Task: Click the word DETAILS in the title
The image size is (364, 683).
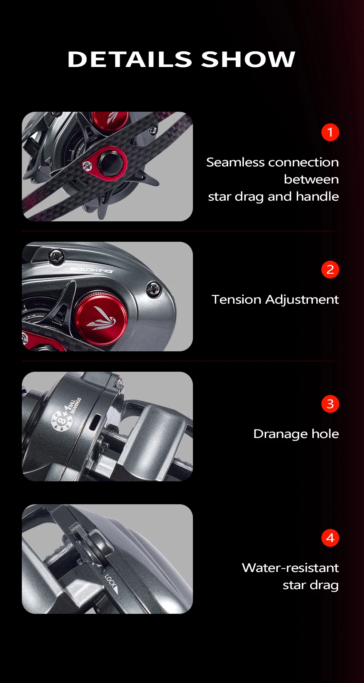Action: pyautogui.click(x=130, y=59)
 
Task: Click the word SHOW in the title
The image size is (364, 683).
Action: pyautogui.click(x=248, y=59)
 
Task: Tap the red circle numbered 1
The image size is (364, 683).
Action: pyautogui.click(x=330, y=132)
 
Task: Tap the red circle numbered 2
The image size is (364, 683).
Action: pyautogui.click(x=330, y=270)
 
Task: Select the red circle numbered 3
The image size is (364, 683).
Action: pyautogui.click(x=330, y=404)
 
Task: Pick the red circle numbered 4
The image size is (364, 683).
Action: pyautogui.click(x=330, y=538)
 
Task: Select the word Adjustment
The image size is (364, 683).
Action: pyautogui.click(x=302, y=300)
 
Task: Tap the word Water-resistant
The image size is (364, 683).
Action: pyautogui.click(x=290, y=568)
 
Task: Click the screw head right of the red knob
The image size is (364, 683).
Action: pyautogui.click(x=153, y=289)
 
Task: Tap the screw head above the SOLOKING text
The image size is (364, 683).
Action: pyautogui.click(x=56, y=256)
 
